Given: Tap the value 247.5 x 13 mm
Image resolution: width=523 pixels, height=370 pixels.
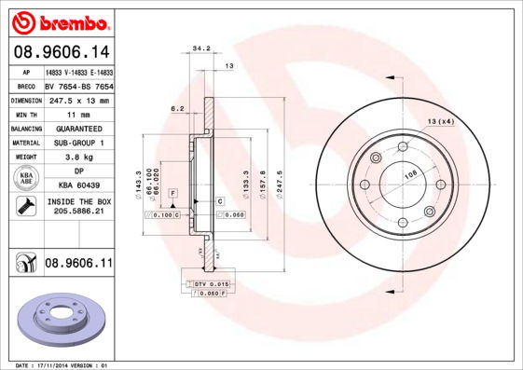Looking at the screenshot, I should click(x=78, y=100).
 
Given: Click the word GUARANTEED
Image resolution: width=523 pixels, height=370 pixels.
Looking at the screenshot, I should click(x=78, y=128).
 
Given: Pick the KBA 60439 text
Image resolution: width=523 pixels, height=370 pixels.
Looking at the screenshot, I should click(x=78, y=185).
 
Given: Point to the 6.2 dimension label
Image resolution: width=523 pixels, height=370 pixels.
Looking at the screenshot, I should click(x=177, y=108).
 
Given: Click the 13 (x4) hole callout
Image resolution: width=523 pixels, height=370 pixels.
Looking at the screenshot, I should click(x=440, y=122).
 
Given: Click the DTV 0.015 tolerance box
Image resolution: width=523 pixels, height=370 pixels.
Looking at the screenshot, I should click(x=212, y=282).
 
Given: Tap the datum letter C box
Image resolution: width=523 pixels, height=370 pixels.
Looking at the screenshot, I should click(x=220, y=201).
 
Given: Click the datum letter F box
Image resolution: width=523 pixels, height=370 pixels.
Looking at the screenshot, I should click(x=172, y=191).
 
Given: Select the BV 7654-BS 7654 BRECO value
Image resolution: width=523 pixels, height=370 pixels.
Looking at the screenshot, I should click(x=78, y=85).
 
